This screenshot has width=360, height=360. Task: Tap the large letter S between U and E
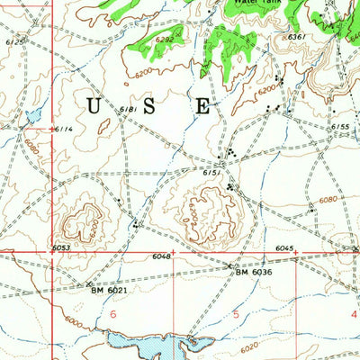click(149, 106)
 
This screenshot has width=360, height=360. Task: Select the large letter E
click(203, 106)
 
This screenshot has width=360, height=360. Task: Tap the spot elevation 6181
click(128, 109)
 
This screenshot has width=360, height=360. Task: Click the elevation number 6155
click(339, 127)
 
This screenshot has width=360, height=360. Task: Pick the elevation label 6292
click(164, 40)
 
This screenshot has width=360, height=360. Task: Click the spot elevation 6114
click(62, 129)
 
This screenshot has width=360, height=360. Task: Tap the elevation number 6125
click(15, 41)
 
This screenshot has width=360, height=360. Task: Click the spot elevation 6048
click(161, 256)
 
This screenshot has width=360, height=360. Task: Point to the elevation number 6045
click(284, 247)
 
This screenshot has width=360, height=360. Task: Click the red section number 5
click(236, 314)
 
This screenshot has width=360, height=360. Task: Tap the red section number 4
click(353, 314)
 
